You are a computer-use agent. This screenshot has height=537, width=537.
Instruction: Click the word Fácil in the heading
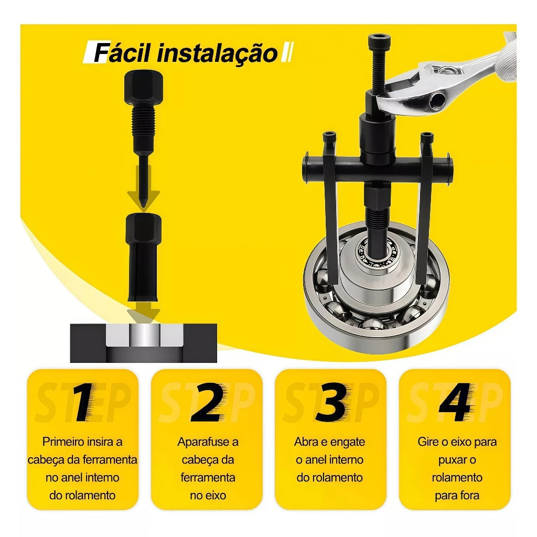click(122, 53)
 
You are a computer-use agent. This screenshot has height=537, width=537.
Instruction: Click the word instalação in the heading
click(217, 53)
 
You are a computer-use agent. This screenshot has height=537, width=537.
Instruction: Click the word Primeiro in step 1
click(63, 442)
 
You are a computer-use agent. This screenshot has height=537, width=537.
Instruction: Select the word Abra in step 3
click(306, 442)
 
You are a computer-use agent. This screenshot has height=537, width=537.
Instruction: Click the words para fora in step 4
click(457, 496)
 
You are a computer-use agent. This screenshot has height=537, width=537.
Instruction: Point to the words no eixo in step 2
click(208, 496)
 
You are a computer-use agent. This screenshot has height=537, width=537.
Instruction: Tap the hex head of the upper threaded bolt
click(144, 88)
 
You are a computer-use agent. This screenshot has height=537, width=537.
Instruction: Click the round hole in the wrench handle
click(438, 99)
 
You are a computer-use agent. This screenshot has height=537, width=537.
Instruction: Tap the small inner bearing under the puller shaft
click(378, 253)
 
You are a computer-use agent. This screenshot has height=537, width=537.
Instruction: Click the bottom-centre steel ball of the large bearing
click(374, 323)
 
